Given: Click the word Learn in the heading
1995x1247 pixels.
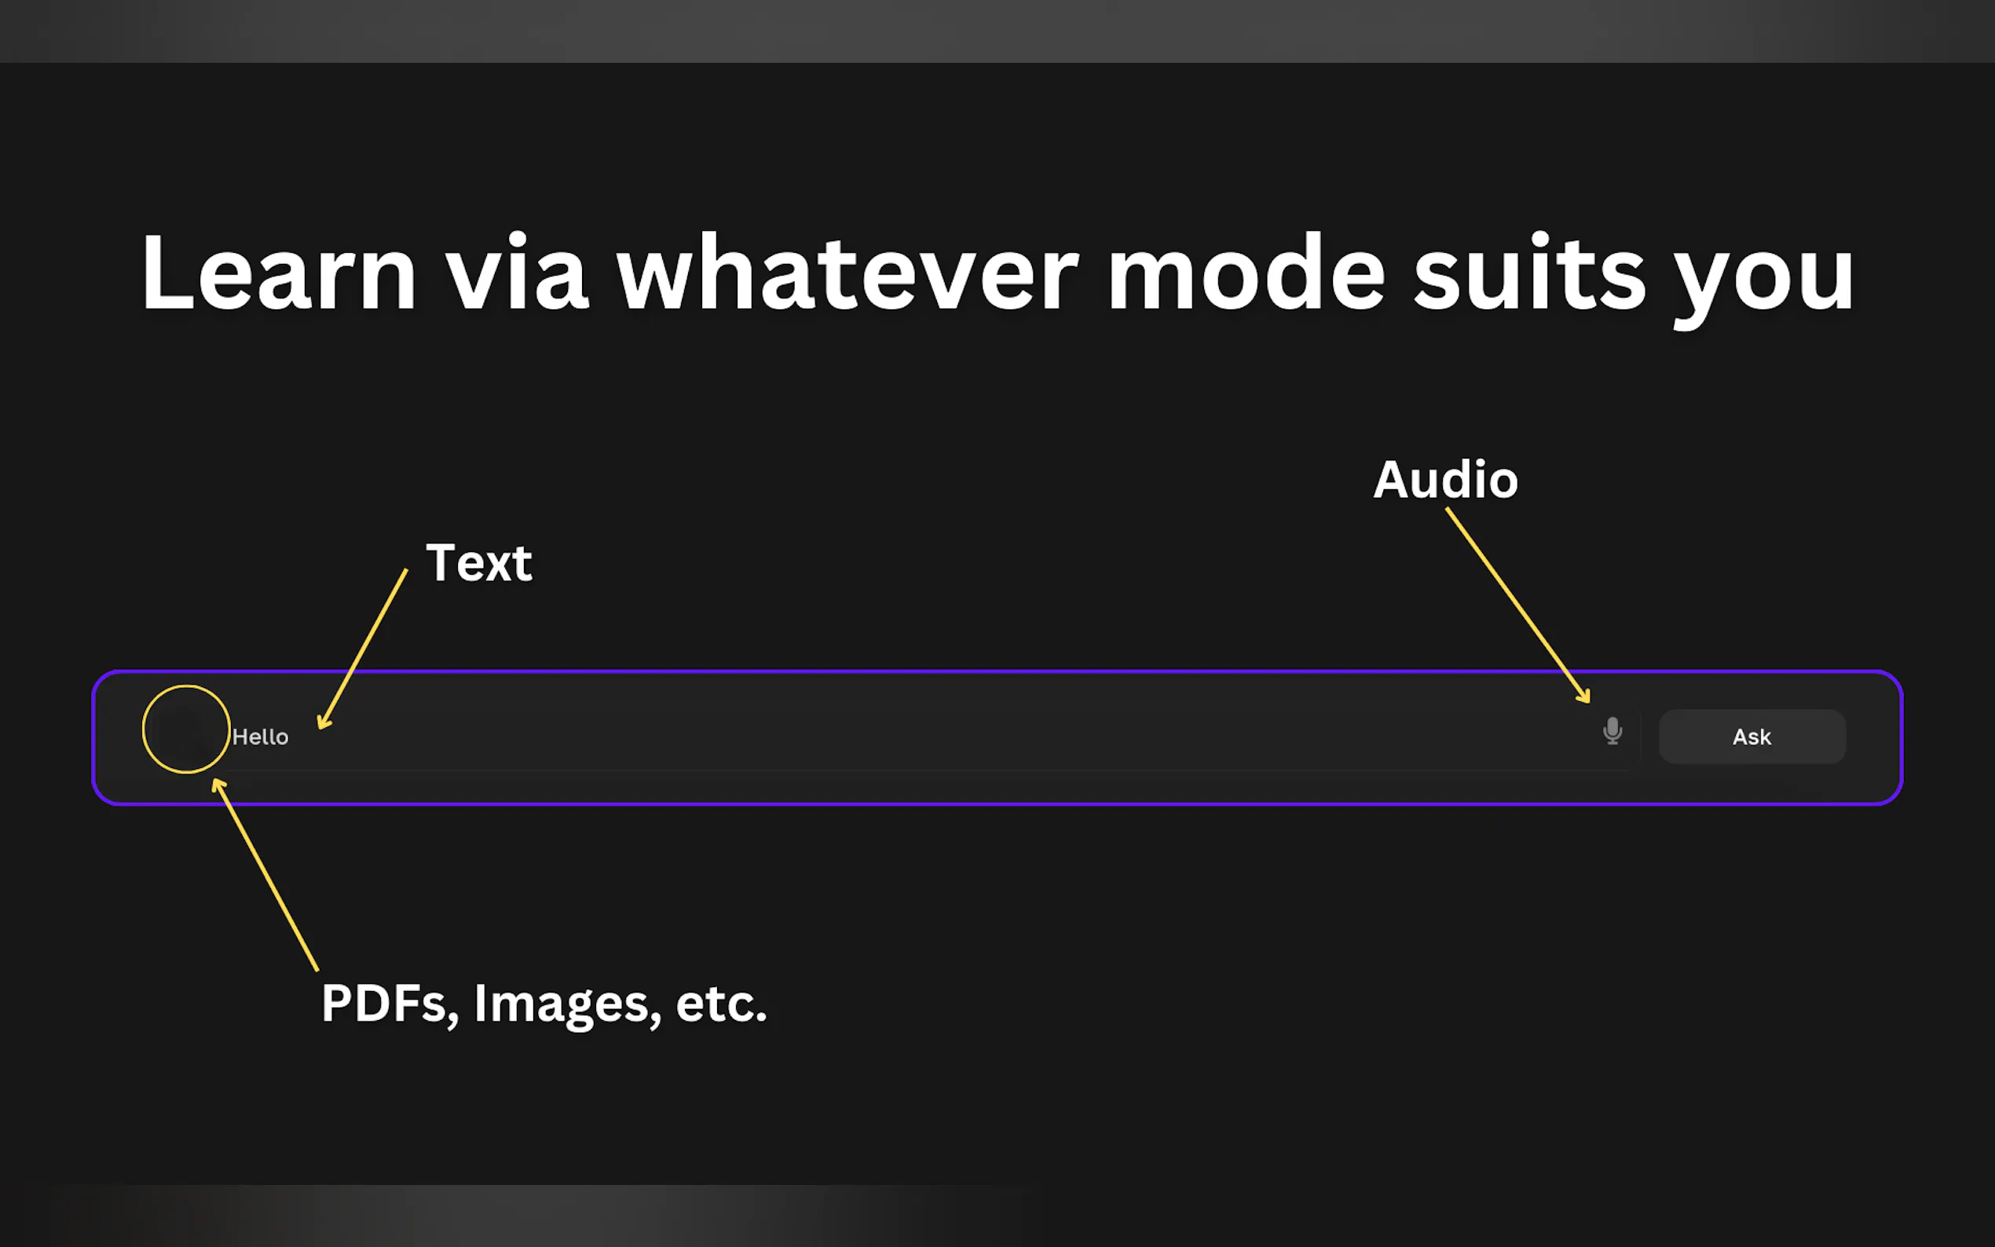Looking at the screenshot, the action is [279, 272].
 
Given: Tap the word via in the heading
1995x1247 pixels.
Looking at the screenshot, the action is [517, 272].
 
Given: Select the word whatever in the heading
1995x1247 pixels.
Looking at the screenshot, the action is [847, 272].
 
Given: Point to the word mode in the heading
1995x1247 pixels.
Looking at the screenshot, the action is [1246, 272].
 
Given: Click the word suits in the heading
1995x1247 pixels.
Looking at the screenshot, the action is [1530, 272].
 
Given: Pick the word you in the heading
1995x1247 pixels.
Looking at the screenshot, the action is [1764, 280].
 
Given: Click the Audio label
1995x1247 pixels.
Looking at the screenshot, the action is [1445, 479].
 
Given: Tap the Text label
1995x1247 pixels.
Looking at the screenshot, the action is [479, 563].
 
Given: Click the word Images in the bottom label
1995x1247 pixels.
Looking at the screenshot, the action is [567, 1004].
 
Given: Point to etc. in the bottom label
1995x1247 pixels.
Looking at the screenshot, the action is [722, 1004].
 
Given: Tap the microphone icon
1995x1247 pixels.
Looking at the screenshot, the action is [1612, 731].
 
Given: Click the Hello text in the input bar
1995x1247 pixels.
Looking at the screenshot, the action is [261, 737].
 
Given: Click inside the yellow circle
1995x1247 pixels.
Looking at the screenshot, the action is [185, 729].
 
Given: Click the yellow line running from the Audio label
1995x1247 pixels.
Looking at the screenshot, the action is [1517, 605].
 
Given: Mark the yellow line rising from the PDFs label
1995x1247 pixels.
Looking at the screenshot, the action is [265, 874].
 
